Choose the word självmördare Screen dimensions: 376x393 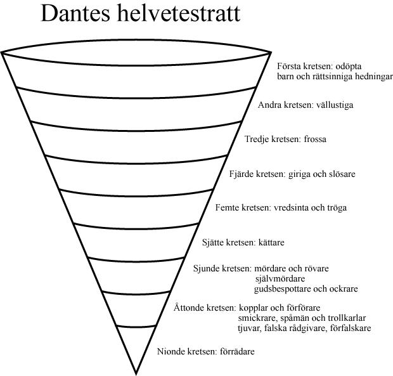coord(280,279)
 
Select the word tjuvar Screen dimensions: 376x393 coord(249,328)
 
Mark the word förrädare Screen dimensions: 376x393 coord(238,351)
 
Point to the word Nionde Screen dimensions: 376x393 coord(171,351)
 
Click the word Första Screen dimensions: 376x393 coord(290,65)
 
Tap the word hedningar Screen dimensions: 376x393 coord(370,76)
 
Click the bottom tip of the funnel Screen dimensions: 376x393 coord(136,373)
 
